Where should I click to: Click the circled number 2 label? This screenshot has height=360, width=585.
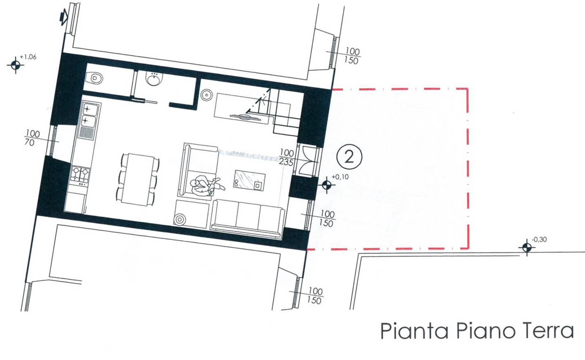click(x=349, y=157)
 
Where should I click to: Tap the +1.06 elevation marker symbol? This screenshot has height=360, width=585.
click(x=16, y=65)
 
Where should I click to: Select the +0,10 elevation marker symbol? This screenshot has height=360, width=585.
click(x=327, y=185)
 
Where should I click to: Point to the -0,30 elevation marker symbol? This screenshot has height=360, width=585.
click(x=527, y=247)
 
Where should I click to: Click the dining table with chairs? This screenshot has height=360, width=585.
click(x=138, y=179)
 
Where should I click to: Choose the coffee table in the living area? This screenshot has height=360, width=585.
click(x=250, y=181)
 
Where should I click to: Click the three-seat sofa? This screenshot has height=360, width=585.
click(x=247, y=219)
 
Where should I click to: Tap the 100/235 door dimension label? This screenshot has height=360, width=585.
click(x=287, y=158)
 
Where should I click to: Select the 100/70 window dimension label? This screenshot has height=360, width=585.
click(x=32, y=138)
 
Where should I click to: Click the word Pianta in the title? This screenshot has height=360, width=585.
click(x=414, y=331)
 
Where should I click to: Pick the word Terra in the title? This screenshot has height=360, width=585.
click(x=552, y=331)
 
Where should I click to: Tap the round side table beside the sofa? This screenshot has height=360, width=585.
click(x=180, y=219)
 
